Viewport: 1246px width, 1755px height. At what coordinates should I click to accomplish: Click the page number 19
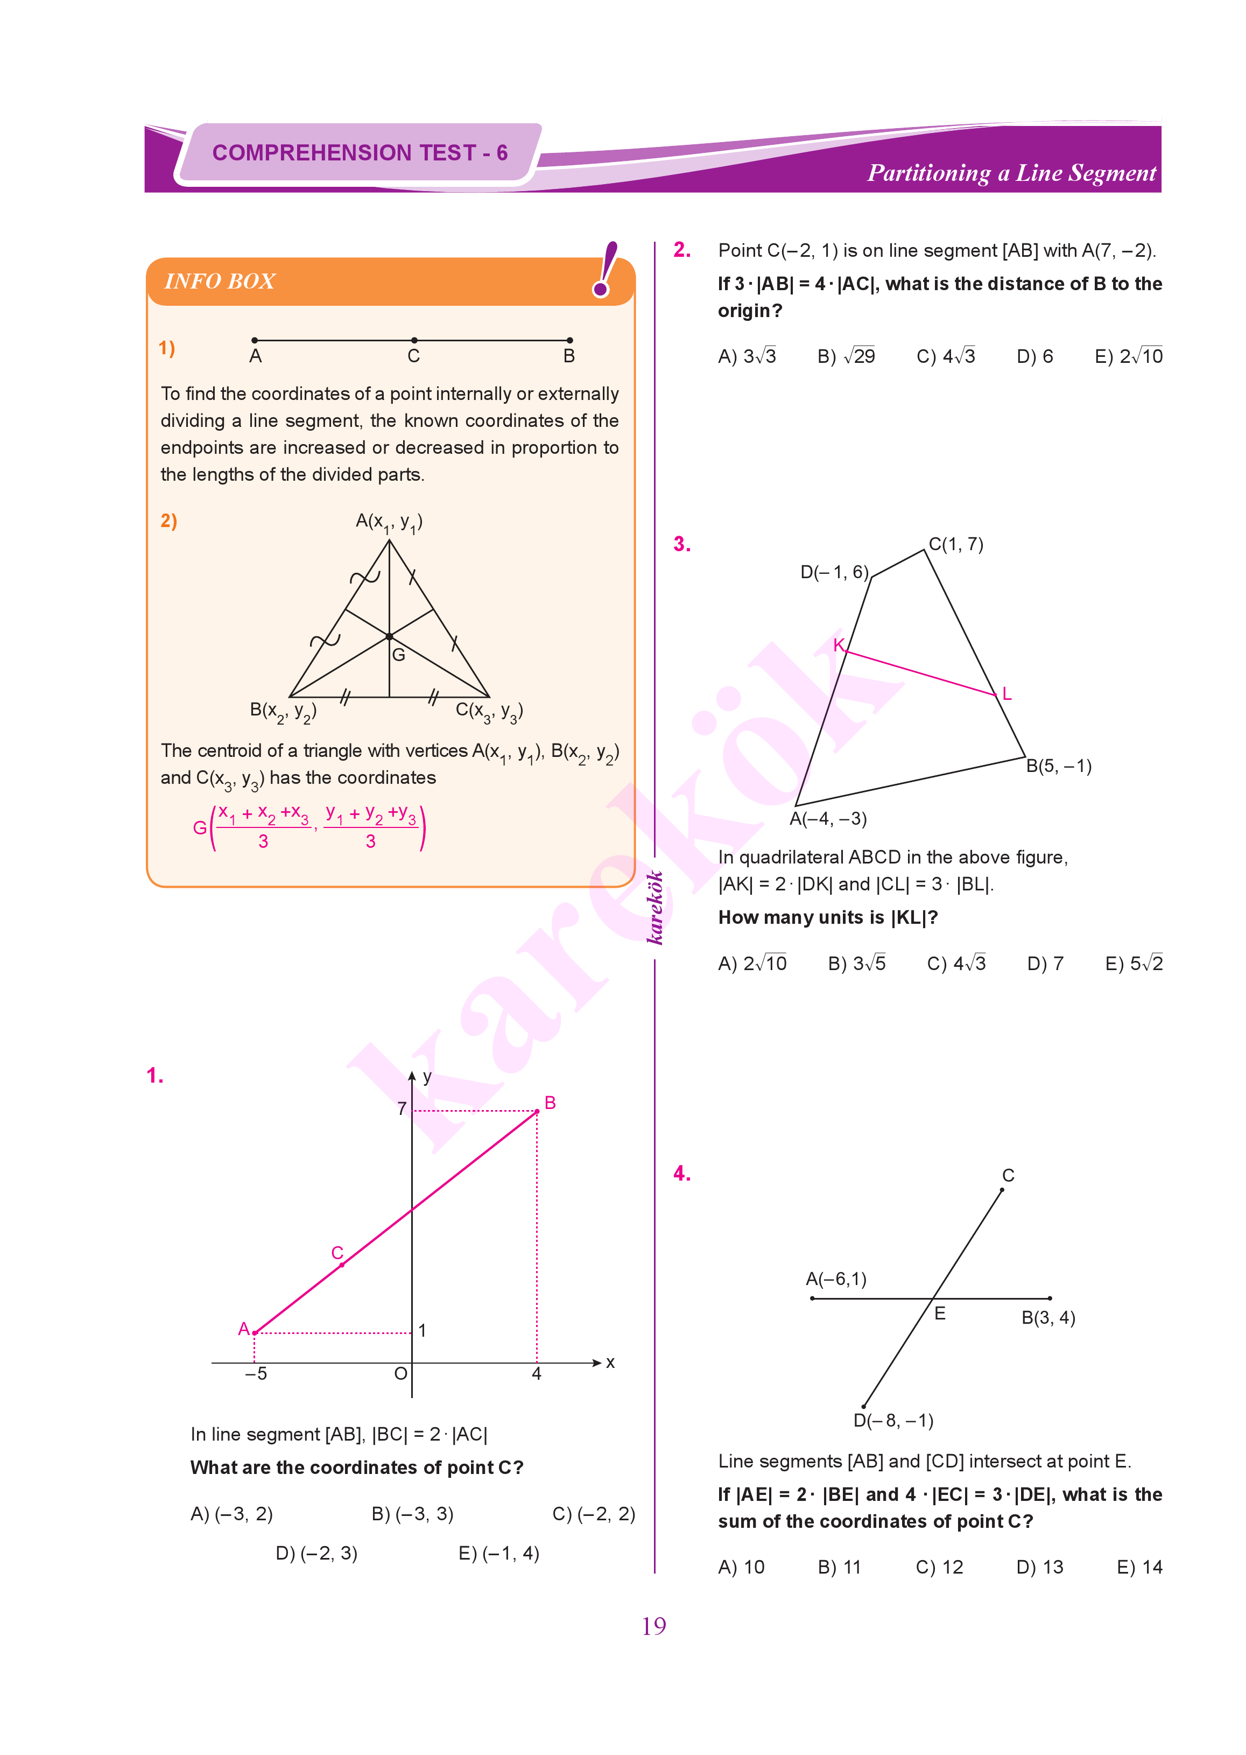654,1625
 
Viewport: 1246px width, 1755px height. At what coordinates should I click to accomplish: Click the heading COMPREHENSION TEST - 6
360,153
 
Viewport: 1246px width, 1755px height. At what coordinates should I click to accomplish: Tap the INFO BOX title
220,282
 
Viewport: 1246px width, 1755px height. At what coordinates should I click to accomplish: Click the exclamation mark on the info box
606,269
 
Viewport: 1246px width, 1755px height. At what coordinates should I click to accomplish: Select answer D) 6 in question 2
1034,356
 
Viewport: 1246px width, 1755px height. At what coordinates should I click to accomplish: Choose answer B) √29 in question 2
846,356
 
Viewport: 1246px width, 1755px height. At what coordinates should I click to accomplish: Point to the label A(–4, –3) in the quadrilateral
828,819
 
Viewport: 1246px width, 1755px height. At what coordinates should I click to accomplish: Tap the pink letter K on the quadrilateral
839,644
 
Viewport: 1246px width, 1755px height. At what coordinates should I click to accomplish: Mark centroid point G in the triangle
390,637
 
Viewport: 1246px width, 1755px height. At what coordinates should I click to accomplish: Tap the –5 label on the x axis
256,1374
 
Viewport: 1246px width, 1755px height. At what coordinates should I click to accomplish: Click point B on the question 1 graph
537,1111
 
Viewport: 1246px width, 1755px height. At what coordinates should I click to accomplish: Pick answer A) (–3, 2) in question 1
231,1514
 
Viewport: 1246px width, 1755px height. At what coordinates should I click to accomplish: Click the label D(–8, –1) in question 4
893,1421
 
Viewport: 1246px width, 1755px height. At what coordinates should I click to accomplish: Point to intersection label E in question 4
939,1314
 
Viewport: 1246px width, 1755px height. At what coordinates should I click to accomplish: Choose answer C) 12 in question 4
939,1567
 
